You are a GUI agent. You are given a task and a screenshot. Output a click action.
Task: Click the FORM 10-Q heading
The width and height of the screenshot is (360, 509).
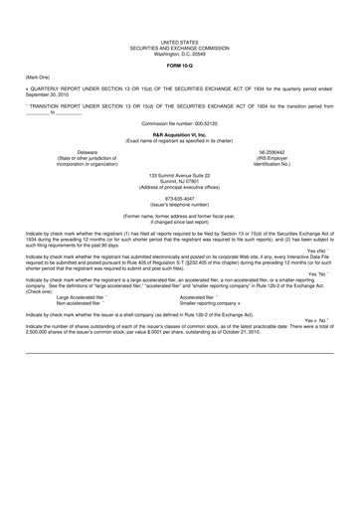[x=180, y=66]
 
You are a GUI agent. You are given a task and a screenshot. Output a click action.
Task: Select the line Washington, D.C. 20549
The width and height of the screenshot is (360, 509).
[x=180, y=55]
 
